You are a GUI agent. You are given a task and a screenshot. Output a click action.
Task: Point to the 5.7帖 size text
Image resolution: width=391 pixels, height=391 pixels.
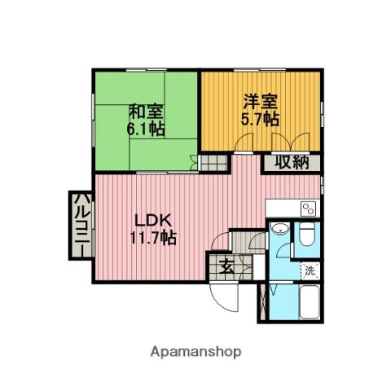click(261, 119)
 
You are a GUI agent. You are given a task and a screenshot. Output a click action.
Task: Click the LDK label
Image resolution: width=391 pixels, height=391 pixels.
click(152, 221)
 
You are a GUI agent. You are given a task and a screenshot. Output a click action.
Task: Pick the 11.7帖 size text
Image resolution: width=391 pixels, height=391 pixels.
click(152, 238)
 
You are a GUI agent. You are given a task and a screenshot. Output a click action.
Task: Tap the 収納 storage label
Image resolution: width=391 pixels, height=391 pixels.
click(291, 161)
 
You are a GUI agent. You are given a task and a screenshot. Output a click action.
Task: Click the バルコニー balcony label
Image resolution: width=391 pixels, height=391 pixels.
click(81, 224)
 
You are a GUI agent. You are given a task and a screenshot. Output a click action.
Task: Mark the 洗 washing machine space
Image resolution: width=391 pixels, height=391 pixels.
click(310, 270)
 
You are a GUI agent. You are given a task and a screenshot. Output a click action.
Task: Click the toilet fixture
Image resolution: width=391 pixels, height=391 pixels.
click(307, 237)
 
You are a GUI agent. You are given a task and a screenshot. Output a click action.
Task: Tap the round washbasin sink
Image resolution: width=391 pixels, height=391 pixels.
click(279, 229)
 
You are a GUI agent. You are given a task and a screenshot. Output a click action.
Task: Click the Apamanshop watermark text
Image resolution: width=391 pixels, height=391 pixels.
click(195, 352)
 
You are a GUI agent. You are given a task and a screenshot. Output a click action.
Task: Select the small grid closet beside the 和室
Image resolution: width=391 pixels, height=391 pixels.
click(211, 162)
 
